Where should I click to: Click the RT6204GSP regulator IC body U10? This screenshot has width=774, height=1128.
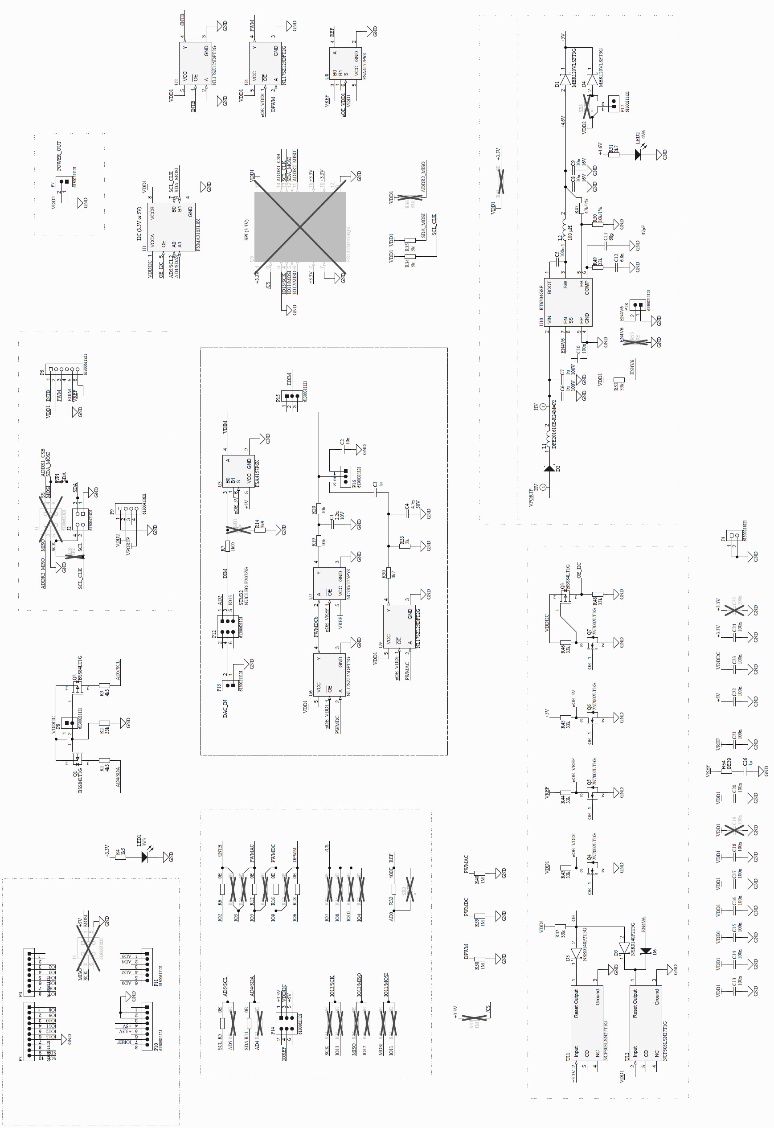click(567, 302)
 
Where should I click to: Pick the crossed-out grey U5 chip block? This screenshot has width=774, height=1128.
click(300, 227)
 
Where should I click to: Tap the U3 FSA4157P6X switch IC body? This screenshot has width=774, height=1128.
click(238, 471)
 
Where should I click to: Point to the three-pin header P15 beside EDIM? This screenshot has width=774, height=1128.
click(290, 397)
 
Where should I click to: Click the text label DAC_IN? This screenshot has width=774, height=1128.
click(225, 708)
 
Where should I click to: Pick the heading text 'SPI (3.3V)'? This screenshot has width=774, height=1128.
click(246, 230)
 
